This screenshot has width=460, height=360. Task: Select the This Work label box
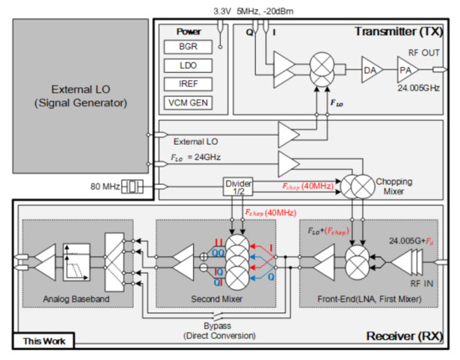point(43,340)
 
